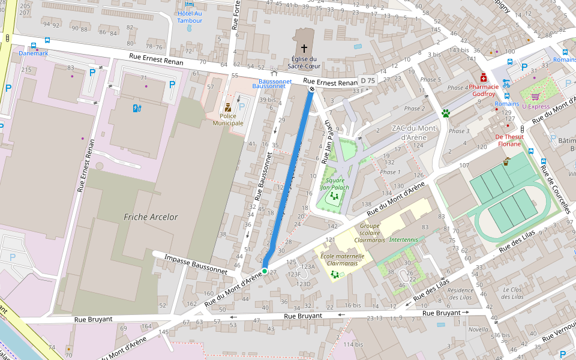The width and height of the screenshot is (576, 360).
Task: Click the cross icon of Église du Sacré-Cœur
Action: (x=304, y=47)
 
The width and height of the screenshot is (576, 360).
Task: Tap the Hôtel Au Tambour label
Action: (x=190, y=17)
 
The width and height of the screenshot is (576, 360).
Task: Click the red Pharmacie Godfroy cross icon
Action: (x=483, y=77)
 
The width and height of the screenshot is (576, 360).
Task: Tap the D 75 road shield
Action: (x=367, y=80)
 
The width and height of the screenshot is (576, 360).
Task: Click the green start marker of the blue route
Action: (x=265, y=271)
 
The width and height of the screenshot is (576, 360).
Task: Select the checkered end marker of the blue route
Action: (x=311, y=89)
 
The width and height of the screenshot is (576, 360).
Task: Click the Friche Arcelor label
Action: (x=151, y=217)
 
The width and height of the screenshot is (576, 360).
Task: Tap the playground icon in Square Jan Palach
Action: (x=334, y=196)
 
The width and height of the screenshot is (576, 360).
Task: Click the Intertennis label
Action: (x=403, y=239)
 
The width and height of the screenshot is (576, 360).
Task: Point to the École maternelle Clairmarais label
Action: (x=343, y=259)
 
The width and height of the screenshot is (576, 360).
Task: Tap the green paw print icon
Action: (x=446, y=113)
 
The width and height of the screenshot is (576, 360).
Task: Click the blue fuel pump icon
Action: (x=136, y=108)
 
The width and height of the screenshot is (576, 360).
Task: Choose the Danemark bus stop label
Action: (x=34, y=53)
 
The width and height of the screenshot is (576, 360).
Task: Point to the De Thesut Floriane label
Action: (x=509, y=140)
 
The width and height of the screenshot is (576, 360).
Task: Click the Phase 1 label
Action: (x=389, y=172)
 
